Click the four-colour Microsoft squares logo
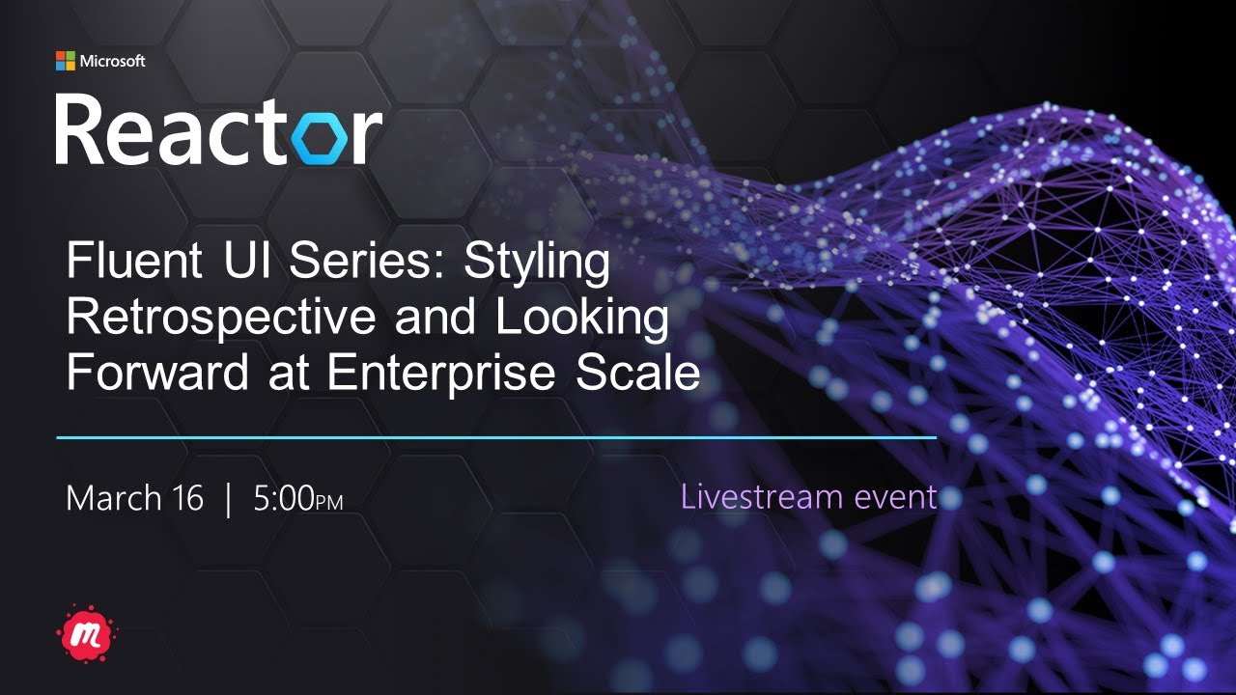tap(65, 61)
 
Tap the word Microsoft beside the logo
tap(112, 61)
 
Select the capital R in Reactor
tap(80, 129)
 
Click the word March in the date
tap(113, 498)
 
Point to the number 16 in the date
tap(186, 498)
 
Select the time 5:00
tap(285, 498)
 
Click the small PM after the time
tap(329, 503)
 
